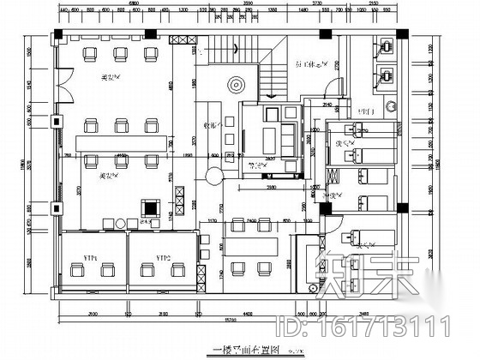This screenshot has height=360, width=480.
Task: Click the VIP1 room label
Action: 89,257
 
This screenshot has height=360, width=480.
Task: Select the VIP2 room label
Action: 162,257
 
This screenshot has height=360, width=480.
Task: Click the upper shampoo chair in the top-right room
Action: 386,51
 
